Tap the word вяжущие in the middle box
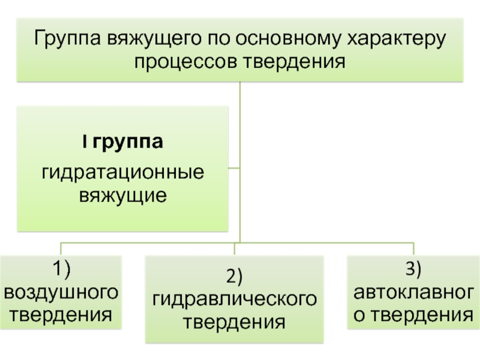[122, 195]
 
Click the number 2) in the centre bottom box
[233, 277]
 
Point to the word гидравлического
[233, 299]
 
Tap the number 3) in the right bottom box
[413, 270]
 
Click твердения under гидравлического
[233, 322]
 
